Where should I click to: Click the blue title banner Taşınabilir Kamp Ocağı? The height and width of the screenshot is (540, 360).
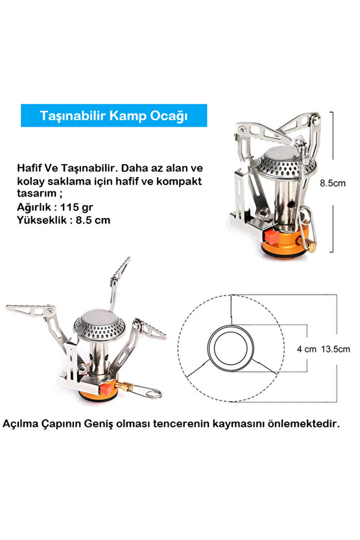tap(114, 116)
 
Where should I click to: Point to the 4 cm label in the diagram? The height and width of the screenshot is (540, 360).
tap(306, 349)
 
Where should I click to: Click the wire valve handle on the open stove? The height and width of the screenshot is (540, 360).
tap(150, 391)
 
